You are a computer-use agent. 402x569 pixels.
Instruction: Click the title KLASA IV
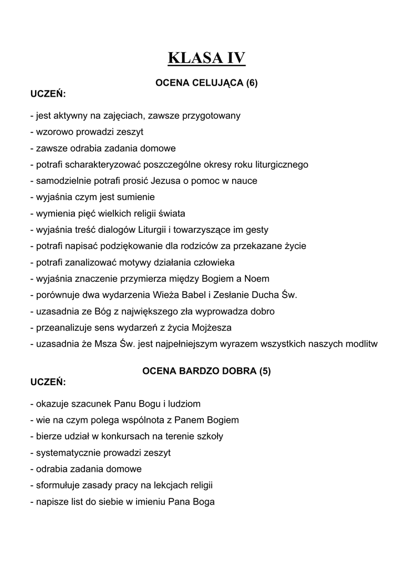[x=207, y=58]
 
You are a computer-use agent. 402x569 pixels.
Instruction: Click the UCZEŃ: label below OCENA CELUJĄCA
[x=48, y=93]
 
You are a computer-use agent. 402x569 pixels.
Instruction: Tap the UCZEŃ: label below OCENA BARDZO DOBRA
[x=48, y=382]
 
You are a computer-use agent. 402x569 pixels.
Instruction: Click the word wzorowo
[x=55, y=132]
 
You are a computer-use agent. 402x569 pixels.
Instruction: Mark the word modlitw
[x=360, y=343]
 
